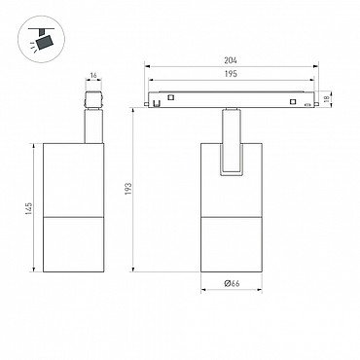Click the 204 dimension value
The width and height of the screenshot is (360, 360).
pos(231,60)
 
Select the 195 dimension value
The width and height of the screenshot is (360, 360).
pos(231,74)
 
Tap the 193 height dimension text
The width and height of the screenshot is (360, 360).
pos(128,189)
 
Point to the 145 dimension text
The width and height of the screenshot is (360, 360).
pos(29,209)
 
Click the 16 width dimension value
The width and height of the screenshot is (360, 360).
pos(93,76)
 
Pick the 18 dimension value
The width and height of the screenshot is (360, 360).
pos(327,97)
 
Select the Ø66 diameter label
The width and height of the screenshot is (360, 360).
pos(232,283)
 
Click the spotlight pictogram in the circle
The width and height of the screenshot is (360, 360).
pos(41,39)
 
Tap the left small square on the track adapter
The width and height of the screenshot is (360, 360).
pos(171,97)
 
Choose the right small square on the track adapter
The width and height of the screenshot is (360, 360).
pos(293,102)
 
